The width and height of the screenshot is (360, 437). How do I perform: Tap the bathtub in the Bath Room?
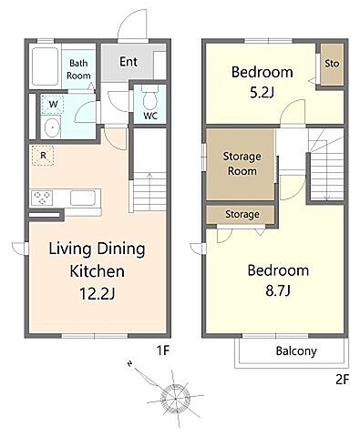(x=46, y=66)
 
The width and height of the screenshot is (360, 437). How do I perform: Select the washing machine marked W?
(x=53, y=105)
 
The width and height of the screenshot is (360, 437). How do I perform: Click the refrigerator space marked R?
(x=43, y=156)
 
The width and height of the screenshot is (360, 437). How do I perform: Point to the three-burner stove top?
(x=43, y=198)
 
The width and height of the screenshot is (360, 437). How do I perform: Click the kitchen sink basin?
(x=83, y=198)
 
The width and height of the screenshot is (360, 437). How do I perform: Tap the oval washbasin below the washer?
(x=52, y=127)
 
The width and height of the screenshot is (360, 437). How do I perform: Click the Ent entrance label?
(x=129, y=62)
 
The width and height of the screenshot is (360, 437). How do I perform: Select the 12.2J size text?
(x=97, y=293)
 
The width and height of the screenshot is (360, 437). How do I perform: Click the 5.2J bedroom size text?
(x=262, y=92)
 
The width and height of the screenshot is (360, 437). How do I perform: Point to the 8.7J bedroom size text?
(x=278, y=290)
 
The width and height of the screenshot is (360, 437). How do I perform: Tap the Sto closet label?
(x=332, y=64)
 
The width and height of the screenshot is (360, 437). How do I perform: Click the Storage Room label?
(x=242, y=164)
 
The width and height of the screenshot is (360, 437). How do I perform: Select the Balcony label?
(x=296, y=351)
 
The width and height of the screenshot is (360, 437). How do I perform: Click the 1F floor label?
(x=162, y=351)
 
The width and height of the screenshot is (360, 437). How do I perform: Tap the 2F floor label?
(x=343, y=380)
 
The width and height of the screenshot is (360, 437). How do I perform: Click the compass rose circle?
(x=175, y=397)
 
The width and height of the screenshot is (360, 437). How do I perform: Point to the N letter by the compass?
(x=130, y=363)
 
